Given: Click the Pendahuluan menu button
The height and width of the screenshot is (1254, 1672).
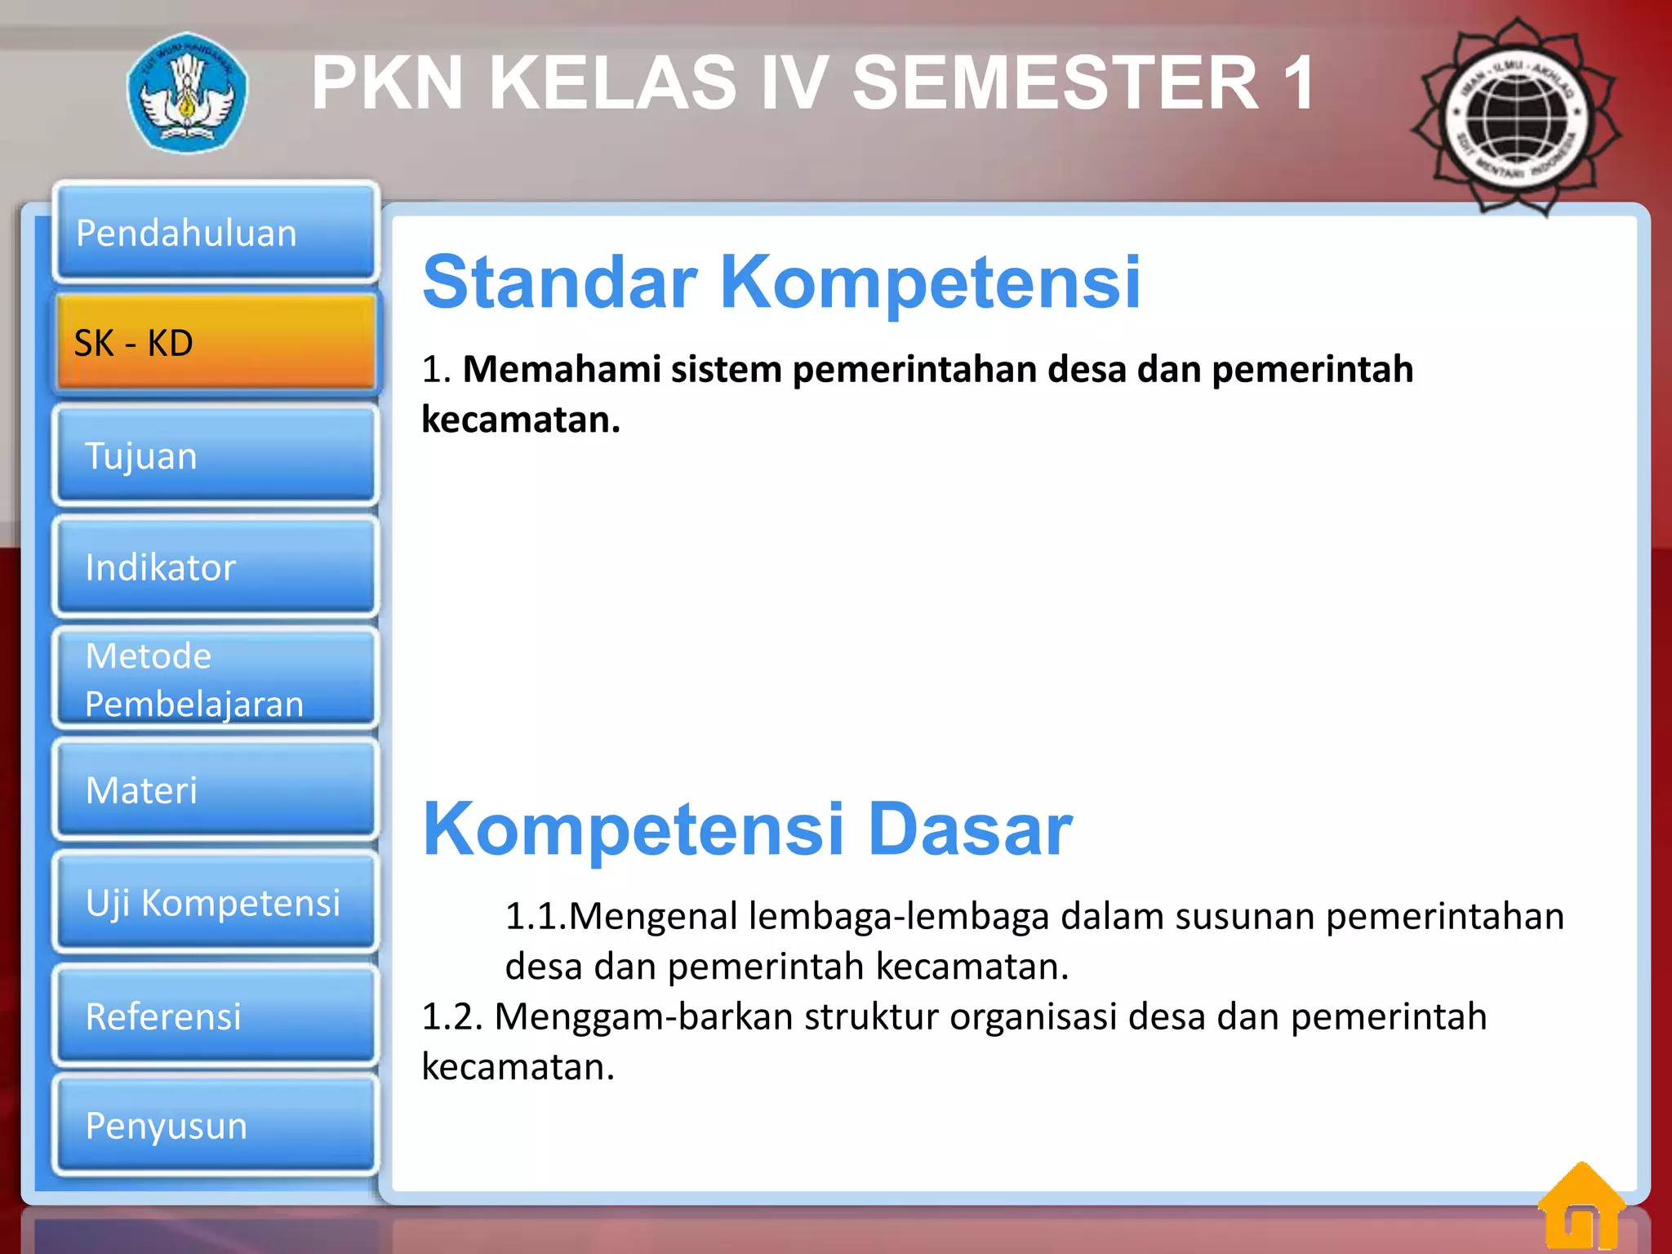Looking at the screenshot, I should click(x=216, y=233).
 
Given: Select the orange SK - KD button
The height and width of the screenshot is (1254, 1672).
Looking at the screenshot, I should click(x=216, y=343).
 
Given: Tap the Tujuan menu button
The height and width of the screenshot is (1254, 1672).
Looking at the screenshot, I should click(x=216, y=455).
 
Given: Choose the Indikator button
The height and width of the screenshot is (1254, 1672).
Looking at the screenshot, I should click(x=216, y=567).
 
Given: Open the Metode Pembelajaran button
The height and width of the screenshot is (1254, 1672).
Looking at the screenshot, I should click(x=216, y=678).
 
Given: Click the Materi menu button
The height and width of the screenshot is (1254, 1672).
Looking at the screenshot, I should click(x=216, y=789).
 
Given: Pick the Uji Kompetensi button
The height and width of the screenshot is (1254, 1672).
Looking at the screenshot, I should click(x=216, y=902).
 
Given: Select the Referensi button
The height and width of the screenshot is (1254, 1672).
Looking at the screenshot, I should click(x=216, y=1016).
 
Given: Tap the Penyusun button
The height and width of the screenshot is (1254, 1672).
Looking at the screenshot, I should click(x=216, y=1125).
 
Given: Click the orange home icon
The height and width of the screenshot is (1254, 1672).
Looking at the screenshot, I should click(x=1581, y=1207).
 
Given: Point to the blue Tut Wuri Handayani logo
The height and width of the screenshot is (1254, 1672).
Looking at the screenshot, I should click(x=188, y=92).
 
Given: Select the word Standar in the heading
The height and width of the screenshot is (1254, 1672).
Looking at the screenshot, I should click(x=560, y=282).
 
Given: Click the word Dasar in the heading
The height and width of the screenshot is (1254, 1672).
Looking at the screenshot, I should click(x=969, y=829).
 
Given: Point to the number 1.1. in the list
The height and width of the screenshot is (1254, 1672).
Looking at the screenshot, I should click(x=536, y=916).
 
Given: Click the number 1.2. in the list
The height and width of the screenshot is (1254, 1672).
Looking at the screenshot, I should click(x=453, y=1016).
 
